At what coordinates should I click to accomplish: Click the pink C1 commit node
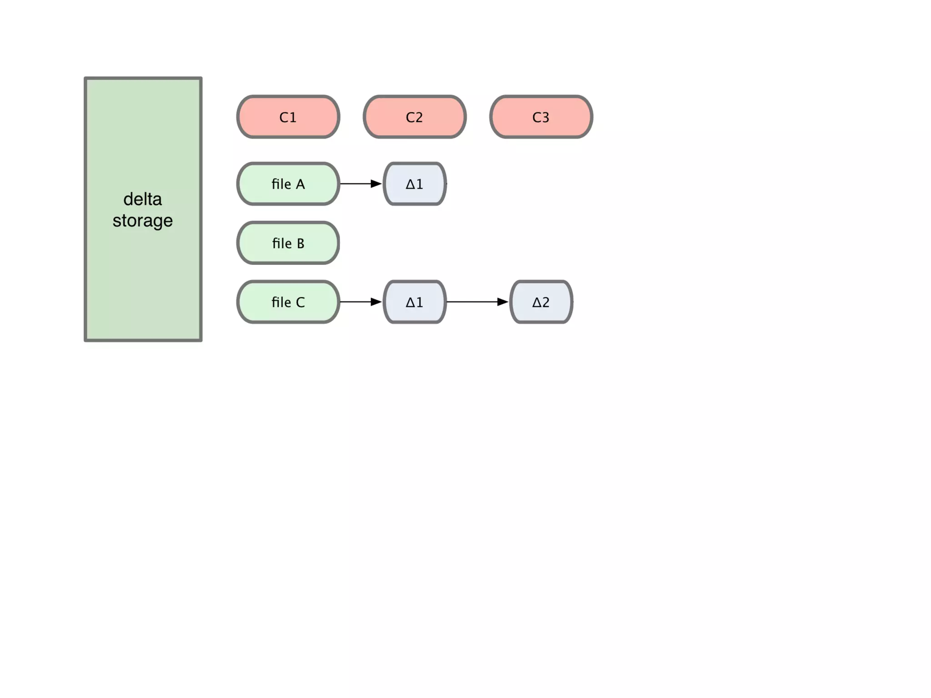click(x=288, y=117)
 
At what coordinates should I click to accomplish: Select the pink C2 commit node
click(x=414, y=117)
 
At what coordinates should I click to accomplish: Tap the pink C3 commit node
click(x=541, y=117)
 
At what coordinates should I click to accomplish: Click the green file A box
click(x=288, y=184)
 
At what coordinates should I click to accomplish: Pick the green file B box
click(x=288, y=243)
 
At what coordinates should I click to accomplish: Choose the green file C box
click(x=288, y=302)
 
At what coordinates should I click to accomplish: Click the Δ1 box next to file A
click(x=414, y=184)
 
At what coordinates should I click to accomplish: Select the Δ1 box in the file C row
click(x=414, y=302)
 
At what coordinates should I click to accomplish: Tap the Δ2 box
click(x=541, y=302)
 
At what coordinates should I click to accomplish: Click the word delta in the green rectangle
click(x=142, y=199)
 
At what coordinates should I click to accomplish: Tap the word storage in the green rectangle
click(x=142, y=221)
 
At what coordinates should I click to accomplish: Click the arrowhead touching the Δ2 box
click(x=502, y=302)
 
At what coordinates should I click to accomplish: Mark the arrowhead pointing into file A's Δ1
click(x=376, y=184)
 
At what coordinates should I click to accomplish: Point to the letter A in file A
click(x=300, y=184)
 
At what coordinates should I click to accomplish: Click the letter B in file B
click(x=300, y=244)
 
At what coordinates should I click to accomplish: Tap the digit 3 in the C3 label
click(x=546, y=117)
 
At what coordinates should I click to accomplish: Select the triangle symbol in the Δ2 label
click(x=536, y=302)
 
